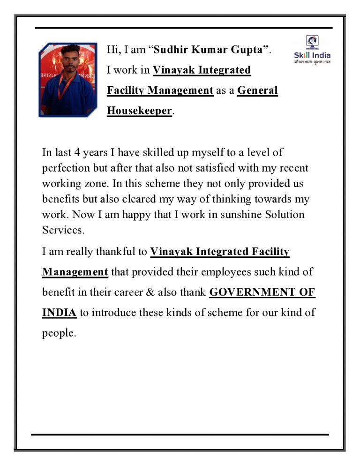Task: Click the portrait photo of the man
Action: click(67, 79)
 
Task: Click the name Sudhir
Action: click(171, 49)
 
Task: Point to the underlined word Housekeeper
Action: click(139, 111)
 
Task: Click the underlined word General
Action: click(257, 90)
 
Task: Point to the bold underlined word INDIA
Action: click(60, 313)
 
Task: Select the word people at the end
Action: click(58, 333)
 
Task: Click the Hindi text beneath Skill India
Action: click(312, 62)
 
